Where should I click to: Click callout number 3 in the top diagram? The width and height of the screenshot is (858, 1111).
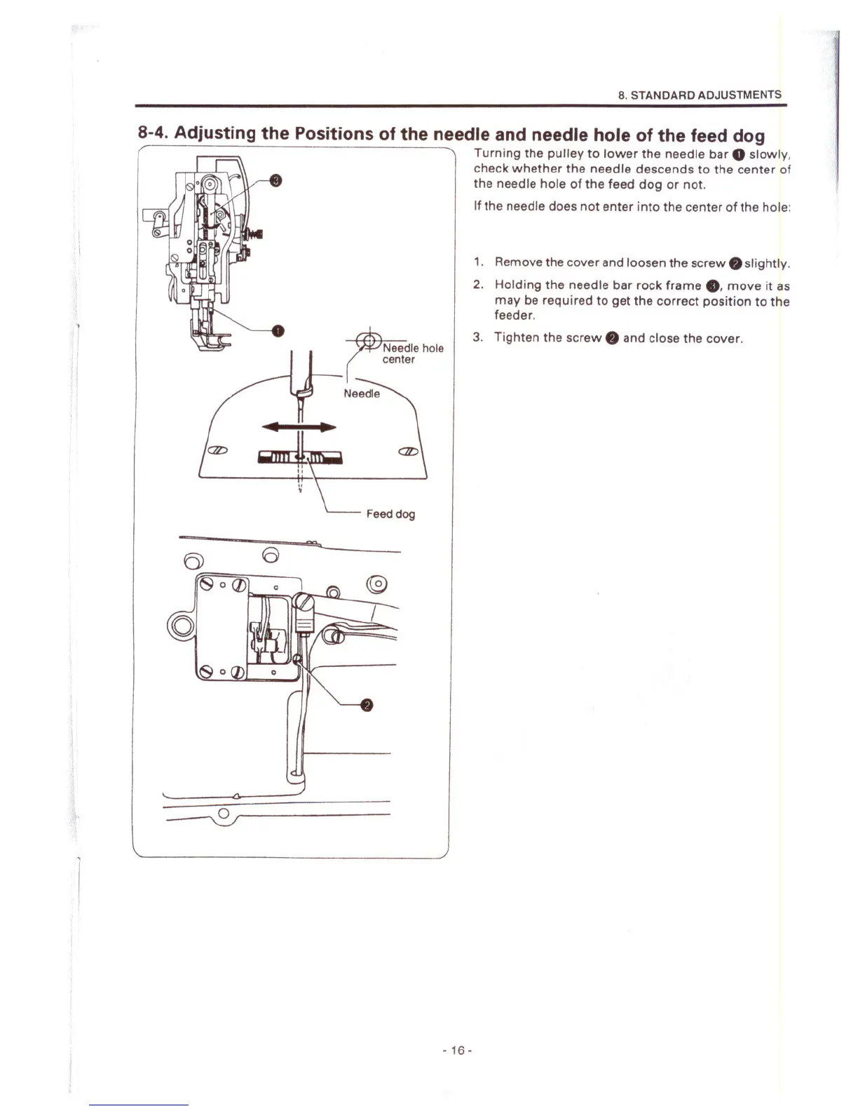(x=276, y=182)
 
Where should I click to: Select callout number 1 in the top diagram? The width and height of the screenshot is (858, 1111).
(x=278, y=330)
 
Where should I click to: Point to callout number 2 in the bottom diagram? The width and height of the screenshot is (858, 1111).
(x=366, y=706)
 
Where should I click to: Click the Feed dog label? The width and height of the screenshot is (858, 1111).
(x=390, y=514)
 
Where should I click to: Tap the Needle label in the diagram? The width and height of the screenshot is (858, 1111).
(x=362, y=393)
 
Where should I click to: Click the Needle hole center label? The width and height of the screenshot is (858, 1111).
(x=412, y=353)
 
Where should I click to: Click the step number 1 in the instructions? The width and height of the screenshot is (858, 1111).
(x=477, y=262)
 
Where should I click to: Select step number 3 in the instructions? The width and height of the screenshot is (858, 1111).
(x=477, y=337)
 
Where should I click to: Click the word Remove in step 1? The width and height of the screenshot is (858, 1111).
(x=518, y=262)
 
